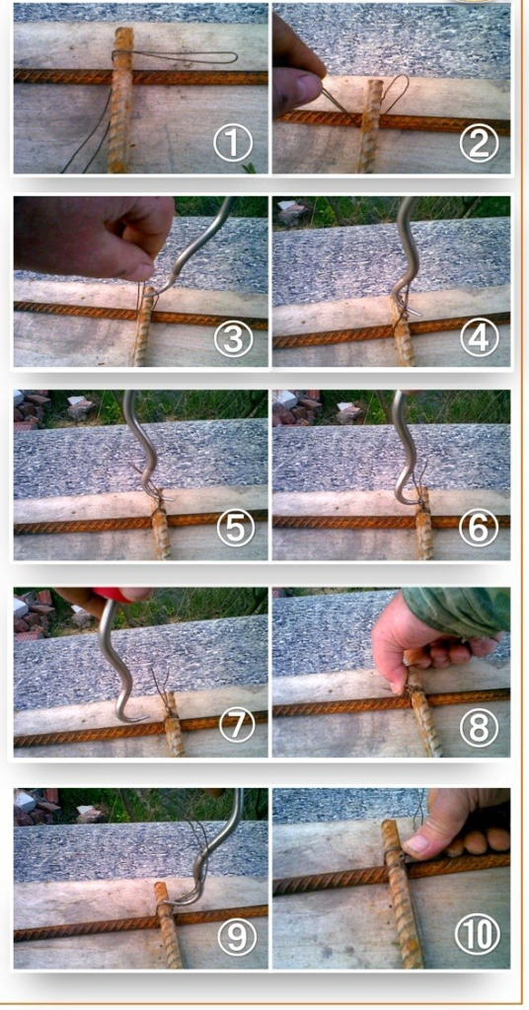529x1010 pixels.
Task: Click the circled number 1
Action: point(233,143)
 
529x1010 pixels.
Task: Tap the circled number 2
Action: point(479,143)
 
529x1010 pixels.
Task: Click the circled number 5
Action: point(235,529)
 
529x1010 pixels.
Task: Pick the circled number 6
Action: point(479,529)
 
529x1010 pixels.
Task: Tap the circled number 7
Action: point(237,726)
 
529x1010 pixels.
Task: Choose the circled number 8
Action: point(479,726)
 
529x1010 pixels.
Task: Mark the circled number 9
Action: point(237,937)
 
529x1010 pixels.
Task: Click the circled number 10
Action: point(478,935)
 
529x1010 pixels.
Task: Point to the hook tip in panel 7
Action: point(147,717)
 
